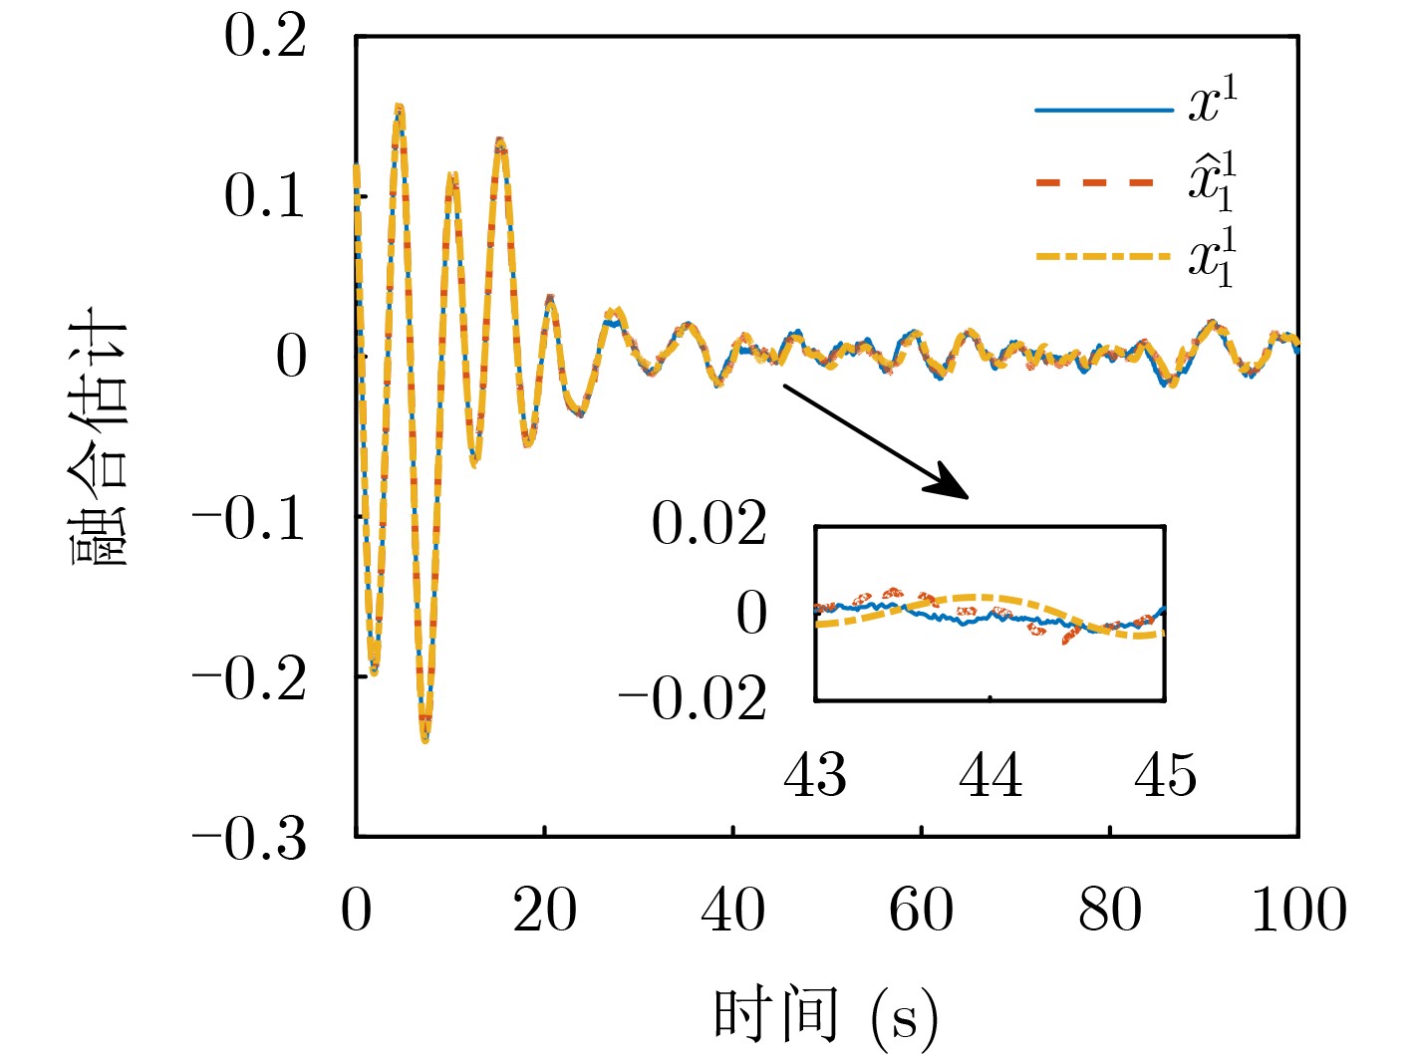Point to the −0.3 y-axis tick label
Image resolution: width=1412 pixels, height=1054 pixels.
(249, 840)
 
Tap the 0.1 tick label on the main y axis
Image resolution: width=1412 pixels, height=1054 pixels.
(265, 196)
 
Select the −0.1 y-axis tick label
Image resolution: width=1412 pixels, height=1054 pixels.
(249, 519)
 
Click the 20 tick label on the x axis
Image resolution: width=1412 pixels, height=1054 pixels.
(544, 911)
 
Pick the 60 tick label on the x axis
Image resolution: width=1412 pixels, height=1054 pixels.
(921, 911)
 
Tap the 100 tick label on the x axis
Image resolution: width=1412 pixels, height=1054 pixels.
(1298, 911)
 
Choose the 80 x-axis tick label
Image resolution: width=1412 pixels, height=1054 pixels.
(1110, 911)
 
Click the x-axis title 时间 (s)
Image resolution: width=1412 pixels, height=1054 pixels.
(825, 1016)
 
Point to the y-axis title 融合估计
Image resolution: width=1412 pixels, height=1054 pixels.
(101, 438)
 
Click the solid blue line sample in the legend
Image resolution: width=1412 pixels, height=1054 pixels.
(1103, 110)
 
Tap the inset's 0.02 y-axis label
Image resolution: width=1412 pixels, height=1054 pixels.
(709, 524)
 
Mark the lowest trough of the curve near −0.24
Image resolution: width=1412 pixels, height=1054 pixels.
(424, 739)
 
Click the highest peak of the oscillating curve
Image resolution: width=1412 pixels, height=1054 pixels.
(399, 106)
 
